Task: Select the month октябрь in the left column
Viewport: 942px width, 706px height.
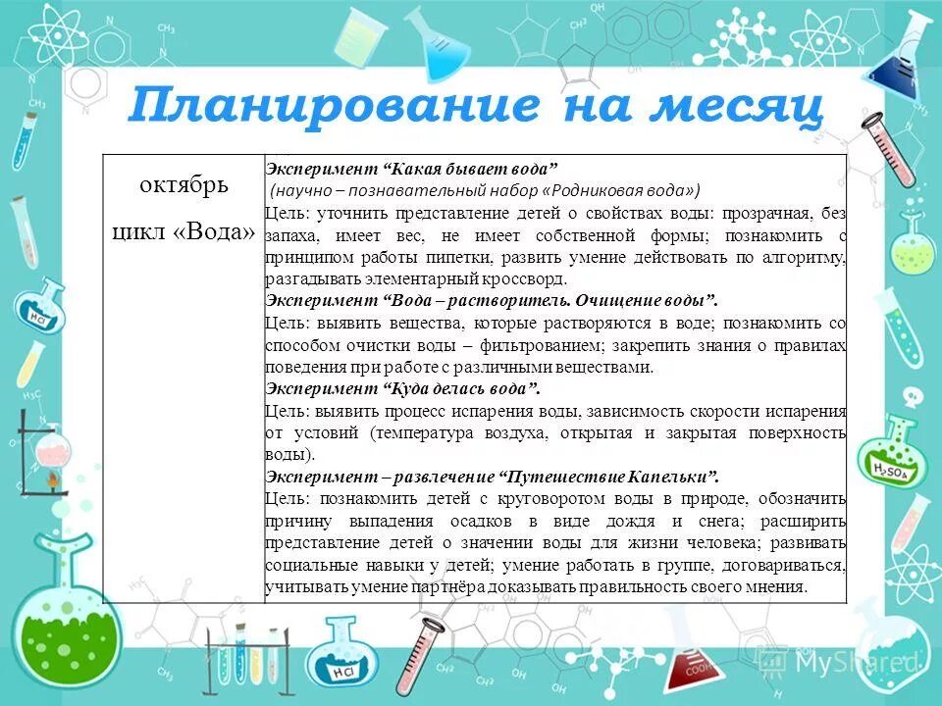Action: (183, 185)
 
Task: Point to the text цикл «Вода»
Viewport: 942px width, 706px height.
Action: (183, 232)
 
